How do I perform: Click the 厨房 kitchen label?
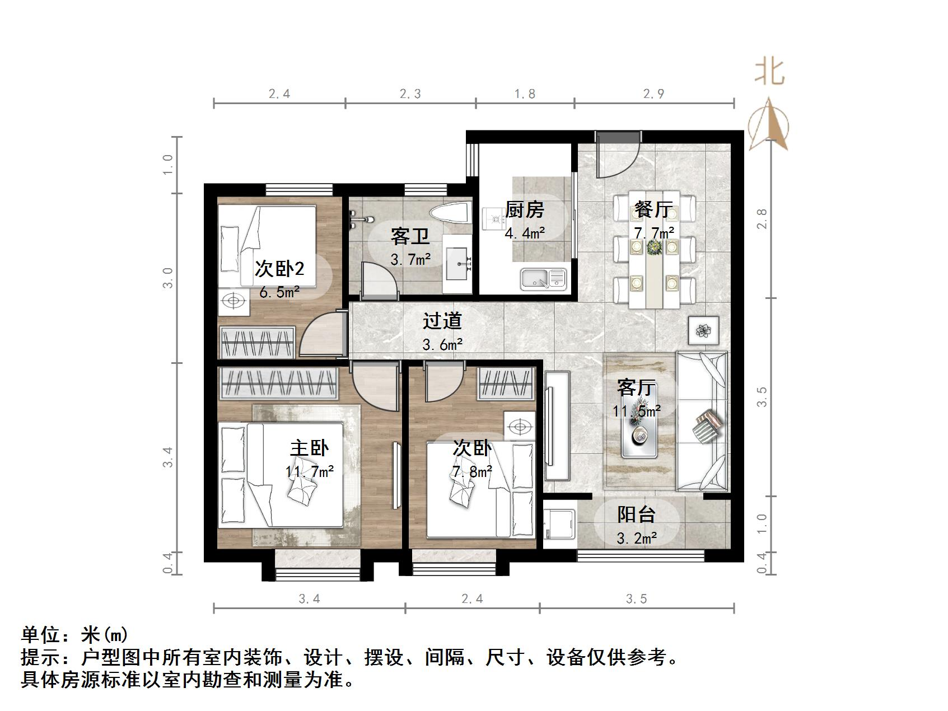click(524, 210)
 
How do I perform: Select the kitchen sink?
click(543, 279)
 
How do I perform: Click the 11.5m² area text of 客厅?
click(636, 411)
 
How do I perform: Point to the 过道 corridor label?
click(442, 321)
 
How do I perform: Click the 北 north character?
click(769, 72)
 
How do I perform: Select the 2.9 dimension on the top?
click(653, 93)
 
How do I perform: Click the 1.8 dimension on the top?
click(525, 93)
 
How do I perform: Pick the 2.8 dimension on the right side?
click(762, 218)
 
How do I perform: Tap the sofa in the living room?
click(703, 421)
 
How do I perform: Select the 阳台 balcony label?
click(636, 514)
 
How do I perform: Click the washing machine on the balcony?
click(559, 526)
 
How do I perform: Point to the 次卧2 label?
click(279, 269)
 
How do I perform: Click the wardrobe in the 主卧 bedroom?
click(278, 383)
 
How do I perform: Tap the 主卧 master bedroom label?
click(309, 448)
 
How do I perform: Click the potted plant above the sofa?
click(703, 330)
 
